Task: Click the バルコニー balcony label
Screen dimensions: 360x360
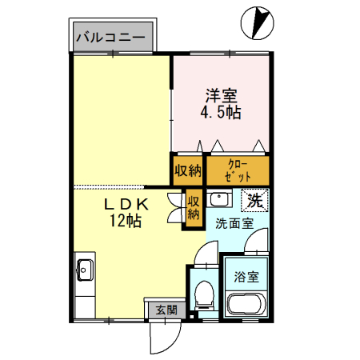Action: [x=110, y=37]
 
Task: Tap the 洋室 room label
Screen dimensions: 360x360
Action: [x=221, y=93]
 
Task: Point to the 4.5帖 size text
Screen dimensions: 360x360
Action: [x=220, y=113]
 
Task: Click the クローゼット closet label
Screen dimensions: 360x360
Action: [x=238, y=170]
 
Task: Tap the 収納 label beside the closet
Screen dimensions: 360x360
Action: [x=188, y=170]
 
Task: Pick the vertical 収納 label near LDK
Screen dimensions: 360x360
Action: [x=193, y=207]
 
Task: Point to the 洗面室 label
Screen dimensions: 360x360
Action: [x=234, y=223]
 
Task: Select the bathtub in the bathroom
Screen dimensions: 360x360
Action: [x=245, y=304]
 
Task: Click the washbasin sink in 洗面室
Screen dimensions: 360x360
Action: [x=218, y=200]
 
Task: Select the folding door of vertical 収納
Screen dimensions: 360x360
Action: [x=174, y=207]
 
